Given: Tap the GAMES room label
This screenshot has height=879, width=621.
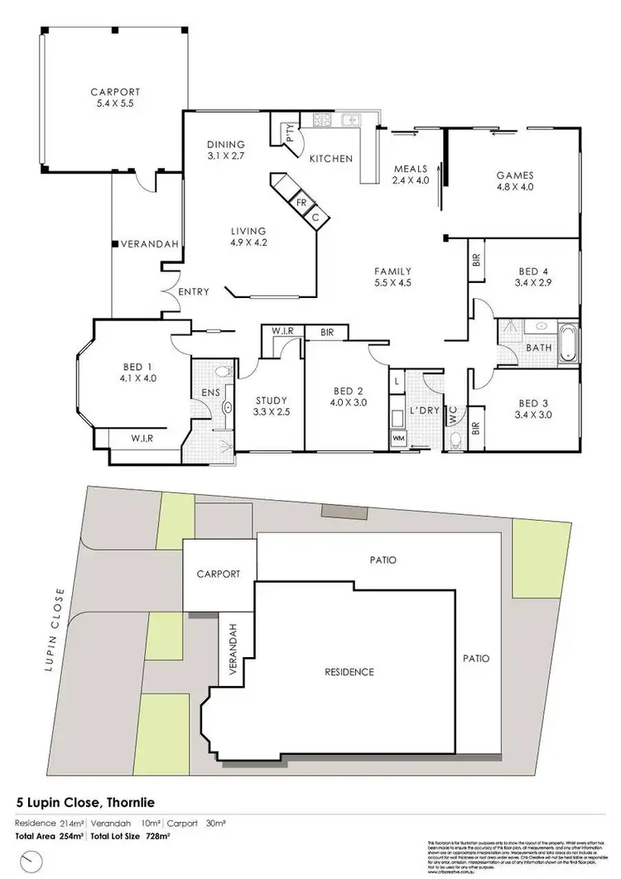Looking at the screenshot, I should click(514, 175).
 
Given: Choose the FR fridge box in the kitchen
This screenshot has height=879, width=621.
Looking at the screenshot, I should click(302, 202).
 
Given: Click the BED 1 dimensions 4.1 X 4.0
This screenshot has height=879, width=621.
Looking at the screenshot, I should click(138, 377).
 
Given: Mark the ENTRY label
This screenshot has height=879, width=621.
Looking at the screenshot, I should click(192, 291).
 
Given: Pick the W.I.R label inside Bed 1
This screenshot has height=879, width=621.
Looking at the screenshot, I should click(138, 438).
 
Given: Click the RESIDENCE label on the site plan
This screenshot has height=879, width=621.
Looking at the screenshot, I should click(349, 671).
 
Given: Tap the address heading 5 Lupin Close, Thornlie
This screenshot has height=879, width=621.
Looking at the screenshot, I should click(85, 802).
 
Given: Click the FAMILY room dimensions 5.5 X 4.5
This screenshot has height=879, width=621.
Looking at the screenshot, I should click(393, 282).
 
